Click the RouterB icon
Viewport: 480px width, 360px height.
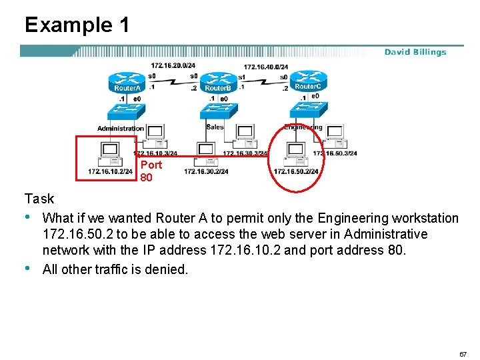point(217,83)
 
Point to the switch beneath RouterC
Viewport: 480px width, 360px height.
point(307,109)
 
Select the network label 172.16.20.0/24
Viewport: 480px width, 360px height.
point(173,66)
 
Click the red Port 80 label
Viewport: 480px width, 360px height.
point(151,171)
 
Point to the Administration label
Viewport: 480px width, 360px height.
point(120,128)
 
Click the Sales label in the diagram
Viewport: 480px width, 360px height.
point(215,127)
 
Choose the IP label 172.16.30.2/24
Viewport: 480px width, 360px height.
point(206,172)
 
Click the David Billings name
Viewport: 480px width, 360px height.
point(415,52)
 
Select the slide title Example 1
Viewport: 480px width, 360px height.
point(77,25)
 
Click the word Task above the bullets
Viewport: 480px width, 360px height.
point(39,199)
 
